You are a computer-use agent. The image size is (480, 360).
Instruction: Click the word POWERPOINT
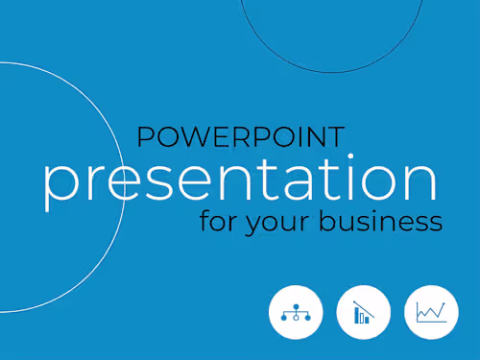pos(241,136)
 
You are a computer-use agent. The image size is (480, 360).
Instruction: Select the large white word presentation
pos(240,181)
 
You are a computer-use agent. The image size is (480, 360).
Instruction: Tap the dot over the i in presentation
pos(350,156)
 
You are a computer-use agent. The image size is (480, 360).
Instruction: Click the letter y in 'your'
pos(254,225)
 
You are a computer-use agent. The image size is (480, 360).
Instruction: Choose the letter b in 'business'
pos(328,220)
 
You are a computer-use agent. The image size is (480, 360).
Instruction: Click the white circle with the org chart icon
pos(296,312)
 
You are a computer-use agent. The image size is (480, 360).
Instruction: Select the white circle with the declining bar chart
pos(364,312)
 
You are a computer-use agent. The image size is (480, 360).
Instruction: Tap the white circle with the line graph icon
pos(431,312)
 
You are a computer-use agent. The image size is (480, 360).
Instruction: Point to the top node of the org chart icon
pos(296,306)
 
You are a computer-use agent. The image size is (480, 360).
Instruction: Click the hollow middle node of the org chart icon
pos(296,318)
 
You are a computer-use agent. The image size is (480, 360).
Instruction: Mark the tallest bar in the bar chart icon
pos(357,315)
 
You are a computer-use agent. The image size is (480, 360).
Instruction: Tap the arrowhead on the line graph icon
pos(444,303)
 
